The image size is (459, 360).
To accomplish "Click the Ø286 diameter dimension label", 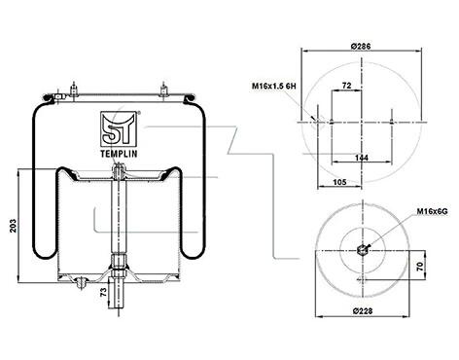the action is [x=361, y=46].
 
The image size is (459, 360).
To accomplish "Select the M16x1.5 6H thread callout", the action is [x=274, y=86].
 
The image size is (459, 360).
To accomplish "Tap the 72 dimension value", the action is [x=346, y=86].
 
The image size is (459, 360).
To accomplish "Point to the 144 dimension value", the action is [x=362, y=158].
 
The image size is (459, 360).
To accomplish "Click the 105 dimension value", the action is [x=339, y=182].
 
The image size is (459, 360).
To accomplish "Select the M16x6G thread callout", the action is [x=432, y=211].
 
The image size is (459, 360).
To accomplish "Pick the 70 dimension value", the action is [x=420, y=267].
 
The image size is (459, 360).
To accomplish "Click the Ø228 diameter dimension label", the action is [x=363, y=311].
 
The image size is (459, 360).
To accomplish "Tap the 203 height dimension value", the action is [x=13, y=226].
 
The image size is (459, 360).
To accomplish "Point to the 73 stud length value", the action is [x=103, y=292].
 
